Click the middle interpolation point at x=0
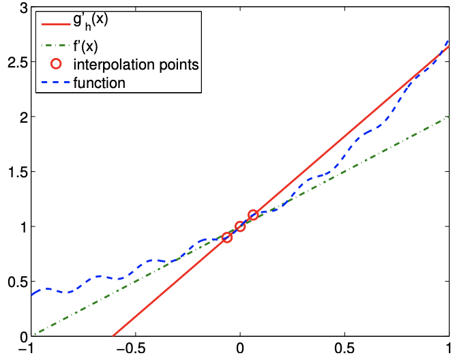tap(239, 226)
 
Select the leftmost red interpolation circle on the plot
tap(227, 237)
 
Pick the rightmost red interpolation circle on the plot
tap(252, 215)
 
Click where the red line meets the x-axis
tap(113, 335)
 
